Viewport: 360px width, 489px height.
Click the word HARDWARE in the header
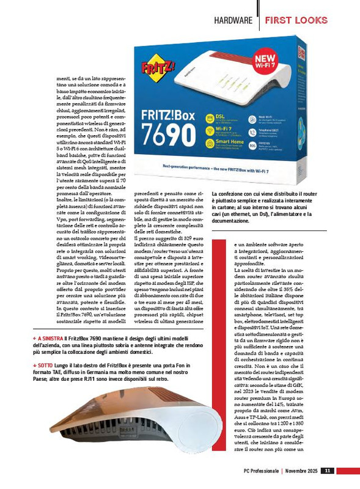point(233,20)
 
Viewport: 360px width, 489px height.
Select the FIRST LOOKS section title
point(296,20)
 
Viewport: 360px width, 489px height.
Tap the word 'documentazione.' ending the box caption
point(232,221)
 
